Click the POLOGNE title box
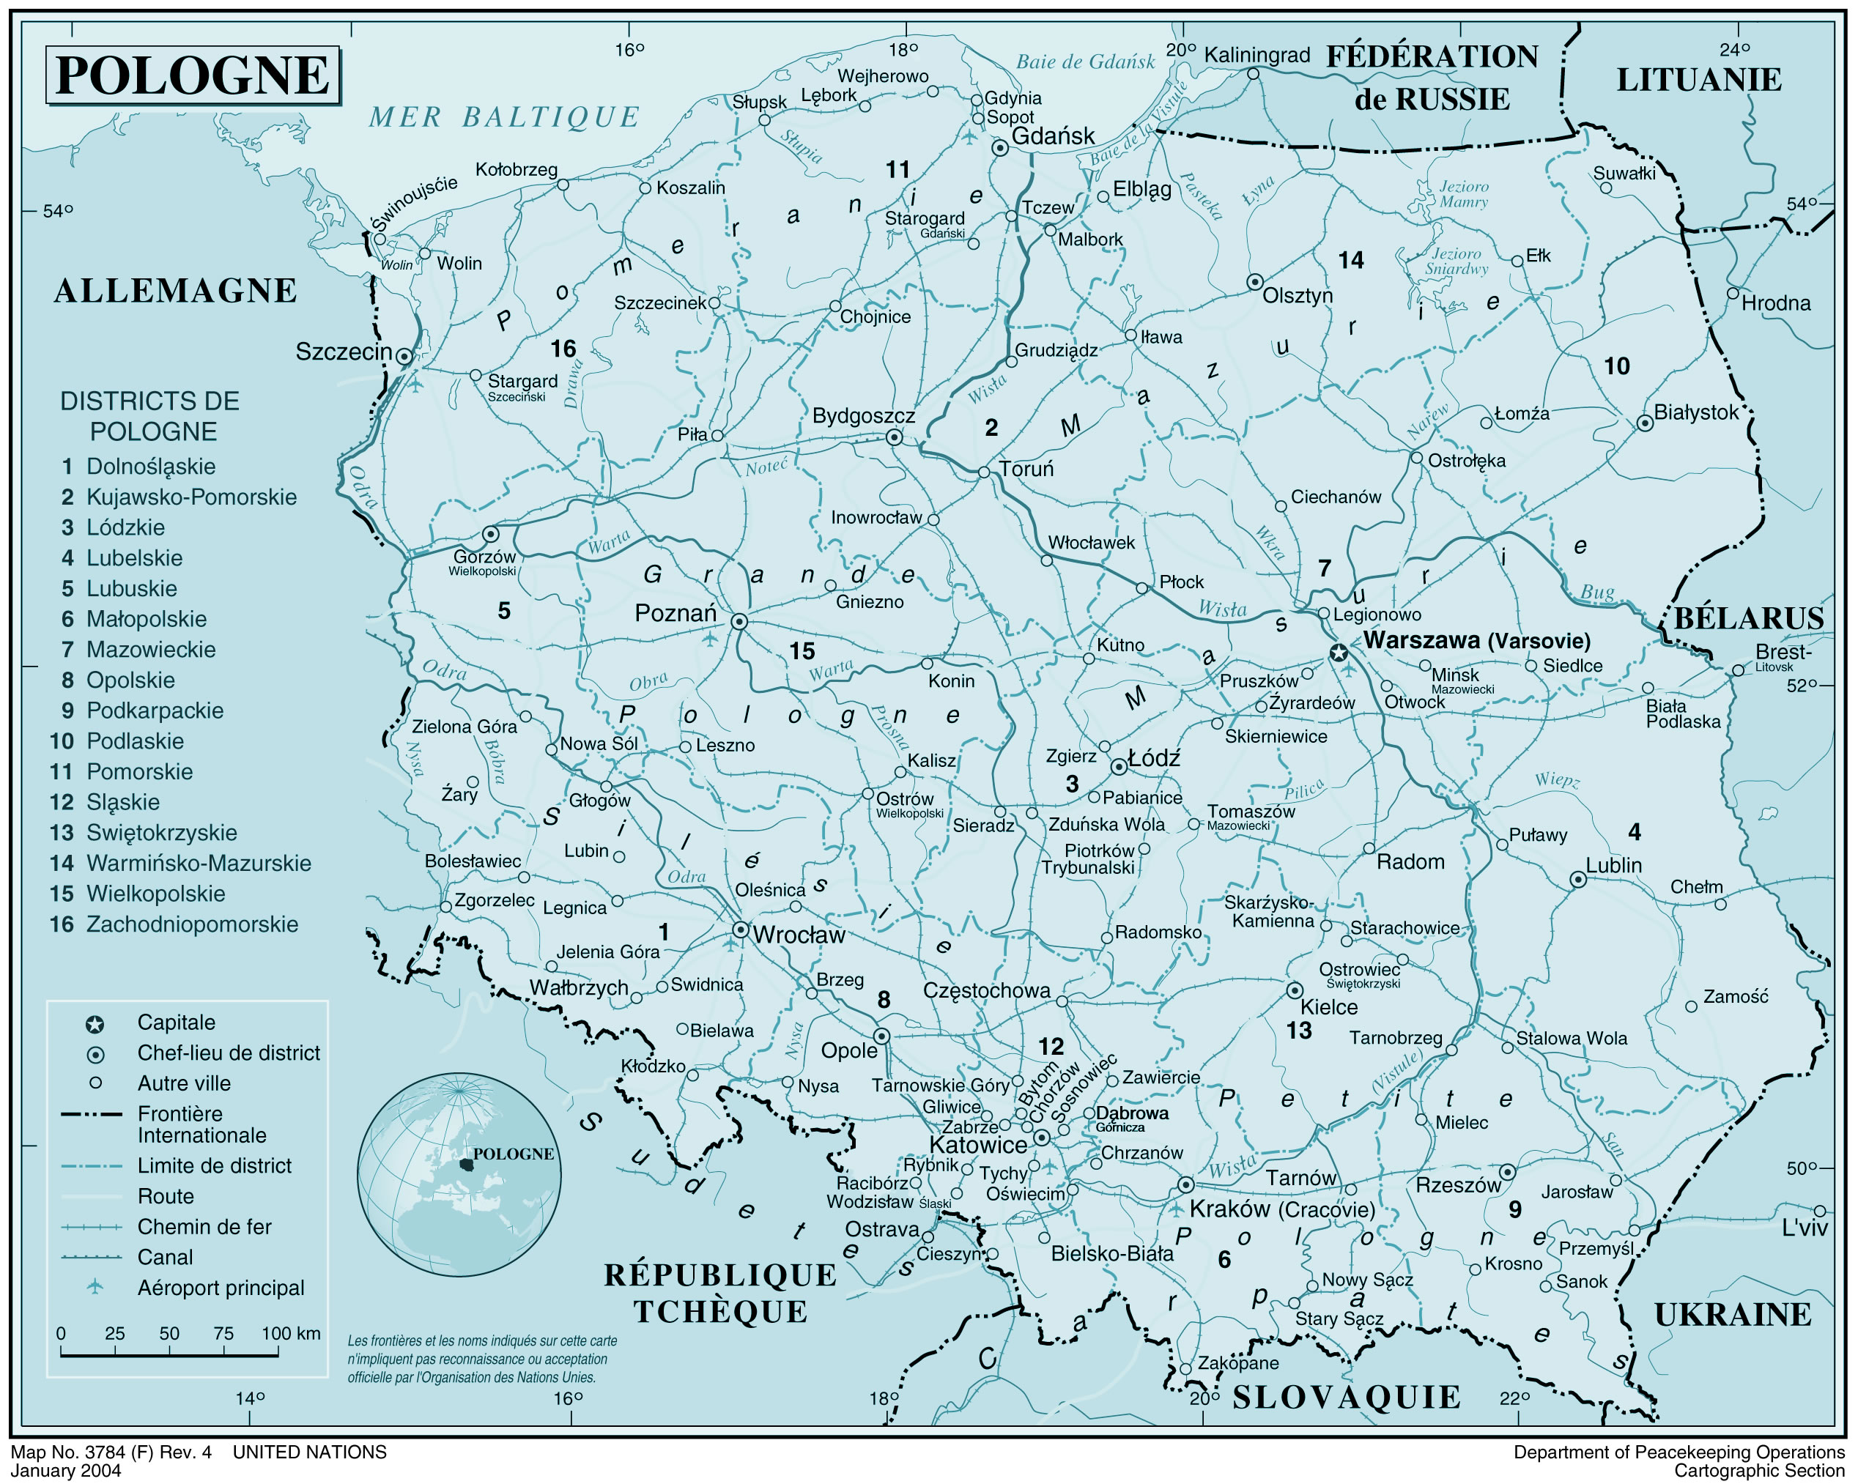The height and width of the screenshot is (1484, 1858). [x=192, y=76]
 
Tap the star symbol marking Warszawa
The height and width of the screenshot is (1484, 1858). [x=1339, y=653]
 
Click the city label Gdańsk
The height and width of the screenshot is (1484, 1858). [x=1052, y=136]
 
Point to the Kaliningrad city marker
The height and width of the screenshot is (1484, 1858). [x=1253, y=74]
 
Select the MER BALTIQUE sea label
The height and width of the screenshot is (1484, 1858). [x=504, y=117]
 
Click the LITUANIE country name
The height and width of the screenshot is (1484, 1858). [x=1698, y=80]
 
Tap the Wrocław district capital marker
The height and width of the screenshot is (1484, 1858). [x=740, y=929]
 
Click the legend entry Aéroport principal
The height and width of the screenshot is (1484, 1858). [x=220, y=1288]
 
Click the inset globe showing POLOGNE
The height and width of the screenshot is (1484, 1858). [x=459, y=1173]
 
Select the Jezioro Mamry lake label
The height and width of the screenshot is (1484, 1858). [x=1463, y=194]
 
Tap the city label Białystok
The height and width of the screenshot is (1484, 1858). [x=1695, y=412]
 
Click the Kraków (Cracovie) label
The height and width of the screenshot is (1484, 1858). [x=1281, y=1209]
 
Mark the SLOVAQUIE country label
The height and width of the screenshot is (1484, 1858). [x=1346, y=1397]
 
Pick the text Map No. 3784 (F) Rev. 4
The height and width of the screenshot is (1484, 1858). [x=111, y=1452]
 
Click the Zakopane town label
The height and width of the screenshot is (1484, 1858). [x=1237, y=1362]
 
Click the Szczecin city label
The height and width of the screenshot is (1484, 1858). [x=343, y=352]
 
